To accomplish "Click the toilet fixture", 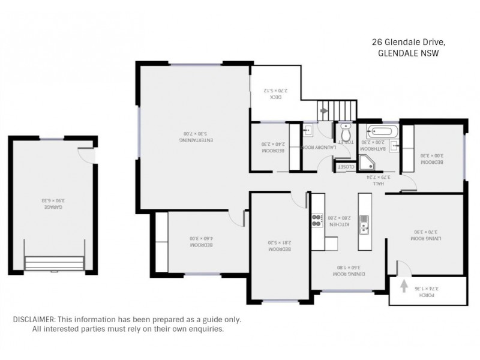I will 346,130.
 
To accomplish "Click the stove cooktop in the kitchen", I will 316,221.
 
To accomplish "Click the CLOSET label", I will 346,167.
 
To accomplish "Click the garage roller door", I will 54,264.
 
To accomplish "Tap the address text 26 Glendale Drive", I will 408,42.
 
